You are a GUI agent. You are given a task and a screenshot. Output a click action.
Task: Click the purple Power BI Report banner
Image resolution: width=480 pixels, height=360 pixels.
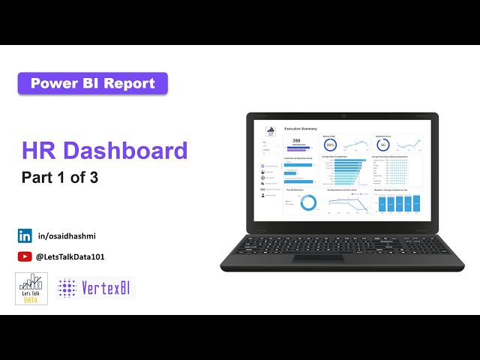(92, 83)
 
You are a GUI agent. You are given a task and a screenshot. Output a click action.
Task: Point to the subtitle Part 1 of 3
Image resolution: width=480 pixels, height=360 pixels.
(60, 178)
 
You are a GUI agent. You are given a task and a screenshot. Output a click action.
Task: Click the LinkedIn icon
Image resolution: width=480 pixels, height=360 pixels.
(25, 235)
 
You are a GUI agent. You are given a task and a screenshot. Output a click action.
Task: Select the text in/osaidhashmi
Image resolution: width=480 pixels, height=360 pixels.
(67, 236)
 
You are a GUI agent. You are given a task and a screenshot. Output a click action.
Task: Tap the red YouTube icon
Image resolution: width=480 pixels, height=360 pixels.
(25, 256)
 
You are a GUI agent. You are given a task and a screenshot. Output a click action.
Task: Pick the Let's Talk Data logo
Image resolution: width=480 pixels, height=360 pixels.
(31, 289)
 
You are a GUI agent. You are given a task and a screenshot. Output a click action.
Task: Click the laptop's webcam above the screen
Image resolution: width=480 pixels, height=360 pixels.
(343, 115)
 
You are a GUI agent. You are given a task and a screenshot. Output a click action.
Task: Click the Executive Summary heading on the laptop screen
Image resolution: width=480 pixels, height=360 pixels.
(300, 129)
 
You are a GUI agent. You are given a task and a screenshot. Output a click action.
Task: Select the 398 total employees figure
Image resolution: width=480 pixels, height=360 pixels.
(296, 141)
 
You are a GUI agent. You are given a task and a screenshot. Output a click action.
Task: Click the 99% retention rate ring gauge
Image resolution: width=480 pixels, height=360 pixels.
(330, 145)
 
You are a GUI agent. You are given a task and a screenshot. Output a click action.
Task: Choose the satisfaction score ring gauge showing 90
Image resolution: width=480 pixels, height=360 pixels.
(382, 145)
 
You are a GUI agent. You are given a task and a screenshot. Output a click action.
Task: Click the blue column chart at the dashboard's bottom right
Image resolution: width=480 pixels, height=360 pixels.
(397, 203)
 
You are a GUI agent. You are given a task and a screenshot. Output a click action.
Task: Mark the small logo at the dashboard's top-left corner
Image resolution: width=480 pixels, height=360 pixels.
(270, 130)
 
